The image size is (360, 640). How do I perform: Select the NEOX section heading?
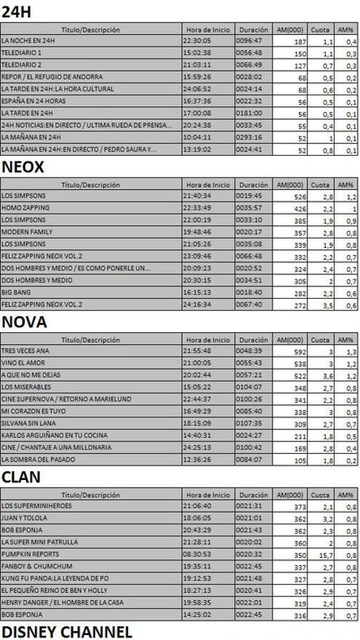click(x=23, y=167)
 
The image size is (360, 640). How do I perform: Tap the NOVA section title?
click(x=24, y=321)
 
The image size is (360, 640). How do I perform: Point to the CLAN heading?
click(x=20, y=476)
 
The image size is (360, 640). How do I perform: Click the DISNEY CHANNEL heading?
click(x=67, y=631)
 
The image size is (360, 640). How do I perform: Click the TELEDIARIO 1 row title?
click(x=22, y=53)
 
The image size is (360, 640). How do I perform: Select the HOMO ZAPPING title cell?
click(x=25, y=208)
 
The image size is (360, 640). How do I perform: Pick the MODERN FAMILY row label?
click(x=27, y=231)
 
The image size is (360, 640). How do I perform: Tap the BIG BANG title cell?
click(x=16, y=292)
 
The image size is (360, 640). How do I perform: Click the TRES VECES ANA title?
click(x=25, y=351)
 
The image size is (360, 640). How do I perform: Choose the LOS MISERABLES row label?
click(x=26, y=387)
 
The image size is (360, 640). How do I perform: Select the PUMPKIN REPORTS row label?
click(x=31, y=554)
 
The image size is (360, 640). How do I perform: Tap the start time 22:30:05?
click(x=207, y=41)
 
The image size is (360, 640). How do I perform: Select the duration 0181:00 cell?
click(x=252, y=113)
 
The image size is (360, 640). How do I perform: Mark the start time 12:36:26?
click(x=207, y=460)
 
